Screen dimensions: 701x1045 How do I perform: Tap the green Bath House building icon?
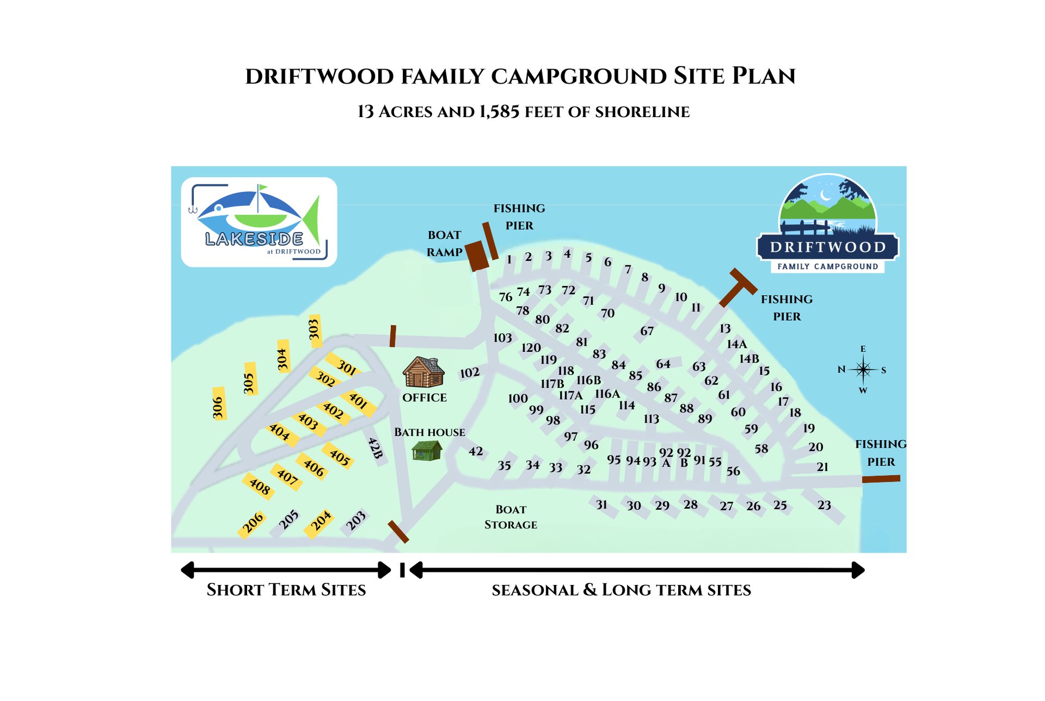tap(427, 450)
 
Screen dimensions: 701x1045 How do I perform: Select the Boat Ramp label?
tap(444, 243)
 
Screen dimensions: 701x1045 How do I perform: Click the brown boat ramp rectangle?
tap(478, 255)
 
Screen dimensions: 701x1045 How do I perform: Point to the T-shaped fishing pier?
tap(736, 287)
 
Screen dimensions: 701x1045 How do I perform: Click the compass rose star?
tap(863, 369)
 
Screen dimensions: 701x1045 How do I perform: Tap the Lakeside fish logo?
tap(259, 222)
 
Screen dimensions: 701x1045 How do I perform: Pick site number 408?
tap(260, 486)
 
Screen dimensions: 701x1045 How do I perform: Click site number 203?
tap(356, 520)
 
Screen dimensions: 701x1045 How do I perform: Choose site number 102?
tap(470, 373)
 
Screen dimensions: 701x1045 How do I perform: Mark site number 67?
tap(647, 331)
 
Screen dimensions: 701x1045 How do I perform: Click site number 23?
tap(824, 505)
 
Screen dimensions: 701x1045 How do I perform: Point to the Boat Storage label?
tap(511, 517)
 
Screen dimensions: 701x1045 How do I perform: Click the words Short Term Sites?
tap(286, 590)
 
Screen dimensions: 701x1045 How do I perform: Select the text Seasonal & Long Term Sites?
tap(621, 590)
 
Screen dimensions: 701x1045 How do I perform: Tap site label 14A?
tap(737, 344)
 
